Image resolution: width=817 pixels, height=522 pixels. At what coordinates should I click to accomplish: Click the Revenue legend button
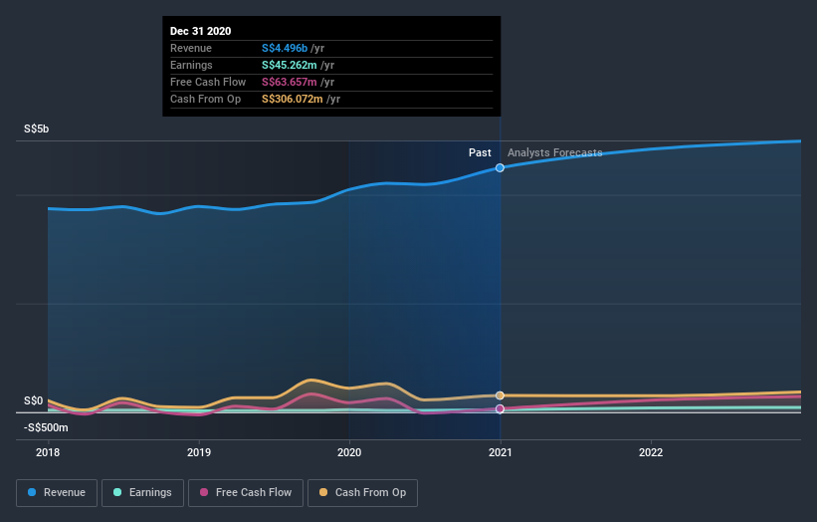[57, 492]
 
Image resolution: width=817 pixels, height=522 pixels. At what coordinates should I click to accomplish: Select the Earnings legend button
[143, 492]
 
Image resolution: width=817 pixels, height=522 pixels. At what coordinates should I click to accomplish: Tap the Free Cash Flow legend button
[246, 492]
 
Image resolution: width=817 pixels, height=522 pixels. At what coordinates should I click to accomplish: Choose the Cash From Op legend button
[363, 492]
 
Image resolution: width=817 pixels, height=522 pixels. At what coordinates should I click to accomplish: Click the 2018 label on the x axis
[48, 450]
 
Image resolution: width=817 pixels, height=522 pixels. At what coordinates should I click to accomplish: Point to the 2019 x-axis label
[198, 450]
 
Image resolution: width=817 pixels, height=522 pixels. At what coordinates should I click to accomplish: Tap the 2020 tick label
[349, 450]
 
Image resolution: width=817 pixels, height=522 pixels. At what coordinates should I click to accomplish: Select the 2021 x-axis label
[500, 450]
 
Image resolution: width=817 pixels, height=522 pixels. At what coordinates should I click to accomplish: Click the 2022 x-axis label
[651, 450]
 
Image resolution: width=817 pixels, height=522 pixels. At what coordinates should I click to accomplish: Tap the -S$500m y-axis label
[47, 427]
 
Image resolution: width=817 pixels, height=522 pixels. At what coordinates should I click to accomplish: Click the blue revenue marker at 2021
[500, 168]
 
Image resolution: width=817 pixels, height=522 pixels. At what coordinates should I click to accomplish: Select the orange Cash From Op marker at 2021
[500, 395]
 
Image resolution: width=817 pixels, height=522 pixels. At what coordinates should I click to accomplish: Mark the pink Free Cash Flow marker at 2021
[500, 408]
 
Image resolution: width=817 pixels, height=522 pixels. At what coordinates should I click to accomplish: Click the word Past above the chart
[480, 152]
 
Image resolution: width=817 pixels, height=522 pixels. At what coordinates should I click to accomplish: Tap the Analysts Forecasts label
[554, 152]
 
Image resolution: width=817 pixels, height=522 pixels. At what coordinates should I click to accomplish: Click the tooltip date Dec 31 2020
[200, 31]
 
